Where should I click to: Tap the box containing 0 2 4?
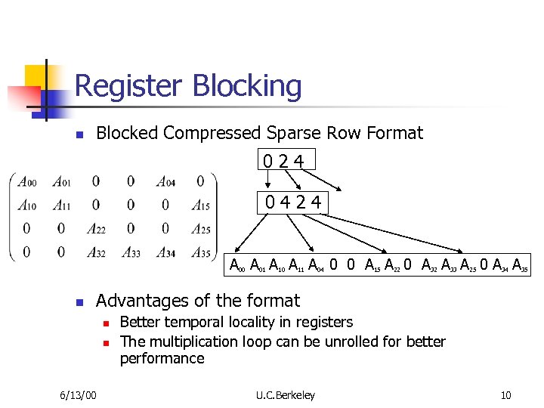(286, 160)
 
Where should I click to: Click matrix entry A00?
(27, 181)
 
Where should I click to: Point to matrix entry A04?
(165, 181)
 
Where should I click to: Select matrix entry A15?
(200, 205)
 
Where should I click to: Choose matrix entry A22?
(96, 229)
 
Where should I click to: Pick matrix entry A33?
(131, 252)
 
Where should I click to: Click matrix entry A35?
(200, 252)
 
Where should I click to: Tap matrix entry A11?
(62, 205)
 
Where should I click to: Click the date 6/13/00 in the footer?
(78, 395)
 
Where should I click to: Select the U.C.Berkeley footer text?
(286, 395)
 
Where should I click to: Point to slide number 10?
(505, 395)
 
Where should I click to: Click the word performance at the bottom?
(162, 358)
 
